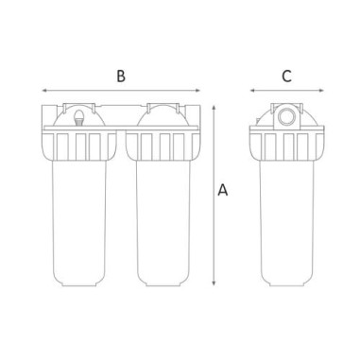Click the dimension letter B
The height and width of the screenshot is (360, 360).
point(121,77)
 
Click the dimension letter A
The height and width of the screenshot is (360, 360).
point(223,190)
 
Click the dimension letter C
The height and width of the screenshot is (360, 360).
point(286,77)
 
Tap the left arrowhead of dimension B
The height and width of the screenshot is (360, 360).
point(44,91)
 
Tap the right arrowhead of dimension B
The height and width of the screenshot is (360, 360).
point(197,91)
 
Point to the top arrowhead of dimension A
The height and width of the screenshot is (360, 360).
point(214,108)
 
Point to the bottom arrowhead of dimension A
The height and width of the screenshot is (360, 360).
point(214,283)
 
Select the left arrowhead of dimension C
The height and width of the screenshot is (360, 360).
point(253,91)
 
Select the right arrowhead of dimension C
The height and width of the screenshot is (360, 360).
point(321,91)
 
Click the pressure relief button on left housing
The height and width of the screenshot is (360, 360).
point(79,118)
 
